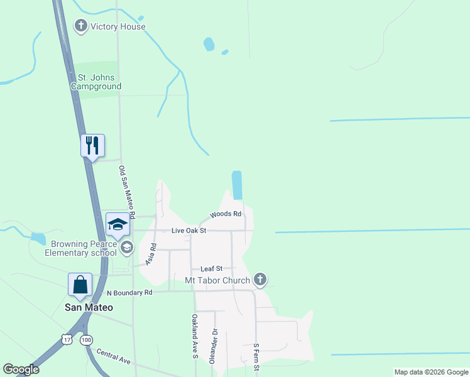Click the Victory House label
coord(117,26)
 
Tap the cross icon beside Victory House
coord(80,26)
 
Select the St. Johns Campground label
coord(96,82)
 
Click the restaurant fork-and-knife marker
coord(93,146)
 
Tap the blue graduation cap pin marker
coord(117,224)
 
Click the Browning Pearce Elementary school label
coord(80,248)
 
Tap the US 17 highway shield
coord(67,339)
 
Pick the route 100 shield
coord(86,339)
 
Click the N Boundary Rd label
coord(129,293)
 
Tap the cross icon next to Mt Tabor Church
coord(260,279)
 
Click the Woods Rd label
coord(226,214)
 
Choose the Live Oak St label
coord(189,231)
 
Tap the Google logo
coord(21,369)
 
